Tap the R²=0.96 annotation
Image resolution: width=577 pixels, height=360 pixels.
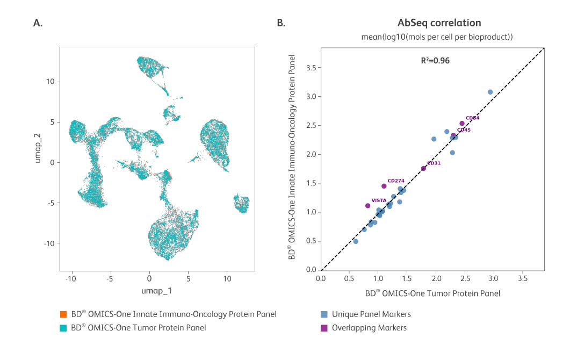point(435,61)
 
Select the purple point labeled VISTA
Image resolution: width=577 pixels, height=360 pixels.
point(367,205)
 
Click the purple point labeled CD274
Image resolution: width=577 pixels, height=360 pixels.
point(384,186)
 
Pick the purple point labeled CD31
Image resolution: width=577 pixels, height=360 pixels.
point(423,168)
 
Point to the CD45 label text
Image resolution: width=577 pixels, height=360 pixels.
point(464,129)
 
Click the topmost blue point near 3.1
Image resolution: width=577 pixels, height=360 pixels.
point(490,92)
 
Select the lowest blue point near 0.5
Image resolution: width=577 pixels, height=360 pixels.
point(355,241)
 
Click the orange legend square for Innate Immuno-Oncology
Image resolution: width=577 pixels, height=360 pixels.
point(63,314)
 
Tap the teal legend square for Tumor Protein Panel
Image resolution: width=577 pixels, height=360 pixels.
point(63,327)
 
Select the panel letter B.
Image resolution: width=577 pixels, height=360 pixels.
point(280,23)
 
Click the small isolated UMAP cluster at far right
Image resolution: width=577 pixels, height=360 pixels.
point(241,204)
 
